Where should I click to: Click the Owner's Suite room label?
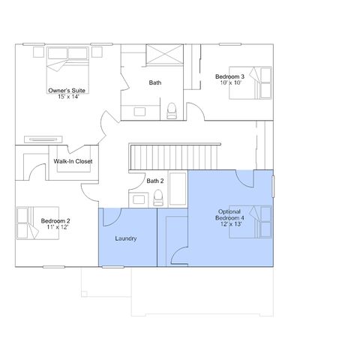point(67,91)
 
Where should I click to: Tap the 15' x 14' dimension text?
point(68,97)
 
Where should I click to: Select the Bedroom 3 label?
point(229,76)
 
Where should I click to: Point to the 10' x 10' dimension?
point(230,82)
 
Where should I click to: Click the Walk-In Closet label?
point(73,161)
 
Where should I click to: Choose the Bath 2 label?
point(155,181)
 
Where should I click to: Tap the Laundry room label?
point(126,238)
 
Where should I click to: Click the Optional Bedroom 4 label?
point(229,214)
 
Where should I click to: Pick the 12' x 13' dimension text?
point(231,224)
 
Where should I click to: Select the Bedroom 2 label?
point(55,221)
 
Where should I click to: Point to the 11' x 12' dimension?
point(58,227)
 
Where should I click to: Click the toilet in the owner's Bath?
point(172,111)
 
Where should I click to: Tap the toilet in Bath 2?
point(158,197)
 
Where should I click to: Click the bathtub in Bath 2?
point(178,189)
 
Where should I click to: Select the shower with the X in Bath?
point(165,54)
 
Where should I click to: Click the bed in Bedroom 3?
point(250,82)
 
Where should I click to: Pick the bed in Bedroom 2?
point(37,223)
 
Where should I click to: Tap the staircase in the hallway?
point(175,157)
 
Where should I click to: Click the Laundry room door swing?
point(112,217)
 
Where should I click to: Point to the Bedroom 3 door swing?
point(196,111)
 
